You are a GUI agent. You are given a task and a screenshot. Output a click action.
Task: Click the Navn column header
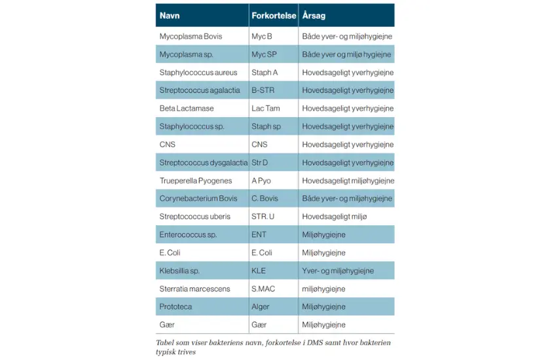click(170, 15)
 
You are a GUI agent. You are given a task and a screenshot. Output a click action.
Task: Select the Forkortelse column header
click(274, 15)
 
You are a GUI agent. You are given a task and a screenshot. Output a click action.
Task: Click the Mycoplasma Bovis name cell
click(191, 37)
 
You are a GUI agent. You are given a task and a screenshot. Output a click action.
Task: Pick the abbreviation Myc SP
click(264, 54)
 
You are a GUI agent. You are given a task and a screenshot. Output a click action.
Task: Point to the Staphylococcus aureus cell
click(198, 73)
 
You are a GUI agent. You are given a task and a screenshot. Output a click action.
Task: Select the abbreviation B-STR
click(263, 90)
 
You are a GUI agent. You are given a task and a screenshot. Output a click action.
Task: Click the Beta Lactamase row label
click(187, 109)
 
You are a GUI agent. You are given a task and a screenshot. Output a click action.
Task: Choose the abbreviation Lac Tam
click(266, 109)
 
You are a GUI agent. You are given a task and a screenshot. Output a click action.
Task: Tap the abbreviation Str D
click(260, 162)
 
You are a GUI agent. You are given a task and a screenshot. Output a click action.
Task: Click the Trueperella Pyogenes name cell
click(196, 181)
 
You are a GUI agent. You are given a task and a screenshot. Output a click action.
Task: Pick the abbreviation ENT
click(259, 234)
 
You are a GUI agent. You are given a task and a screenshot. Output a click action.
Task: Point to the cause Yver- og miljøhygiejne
click(338, 270)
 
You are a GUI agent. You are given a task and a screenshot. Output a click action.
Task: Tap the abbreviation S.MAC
click(264, 289)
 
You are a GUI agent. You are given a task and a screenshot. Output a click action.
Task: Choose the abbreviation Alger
click(261, 306)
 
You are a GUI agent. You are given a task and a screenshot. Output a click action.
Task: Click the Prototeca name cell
click(177, 306)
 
